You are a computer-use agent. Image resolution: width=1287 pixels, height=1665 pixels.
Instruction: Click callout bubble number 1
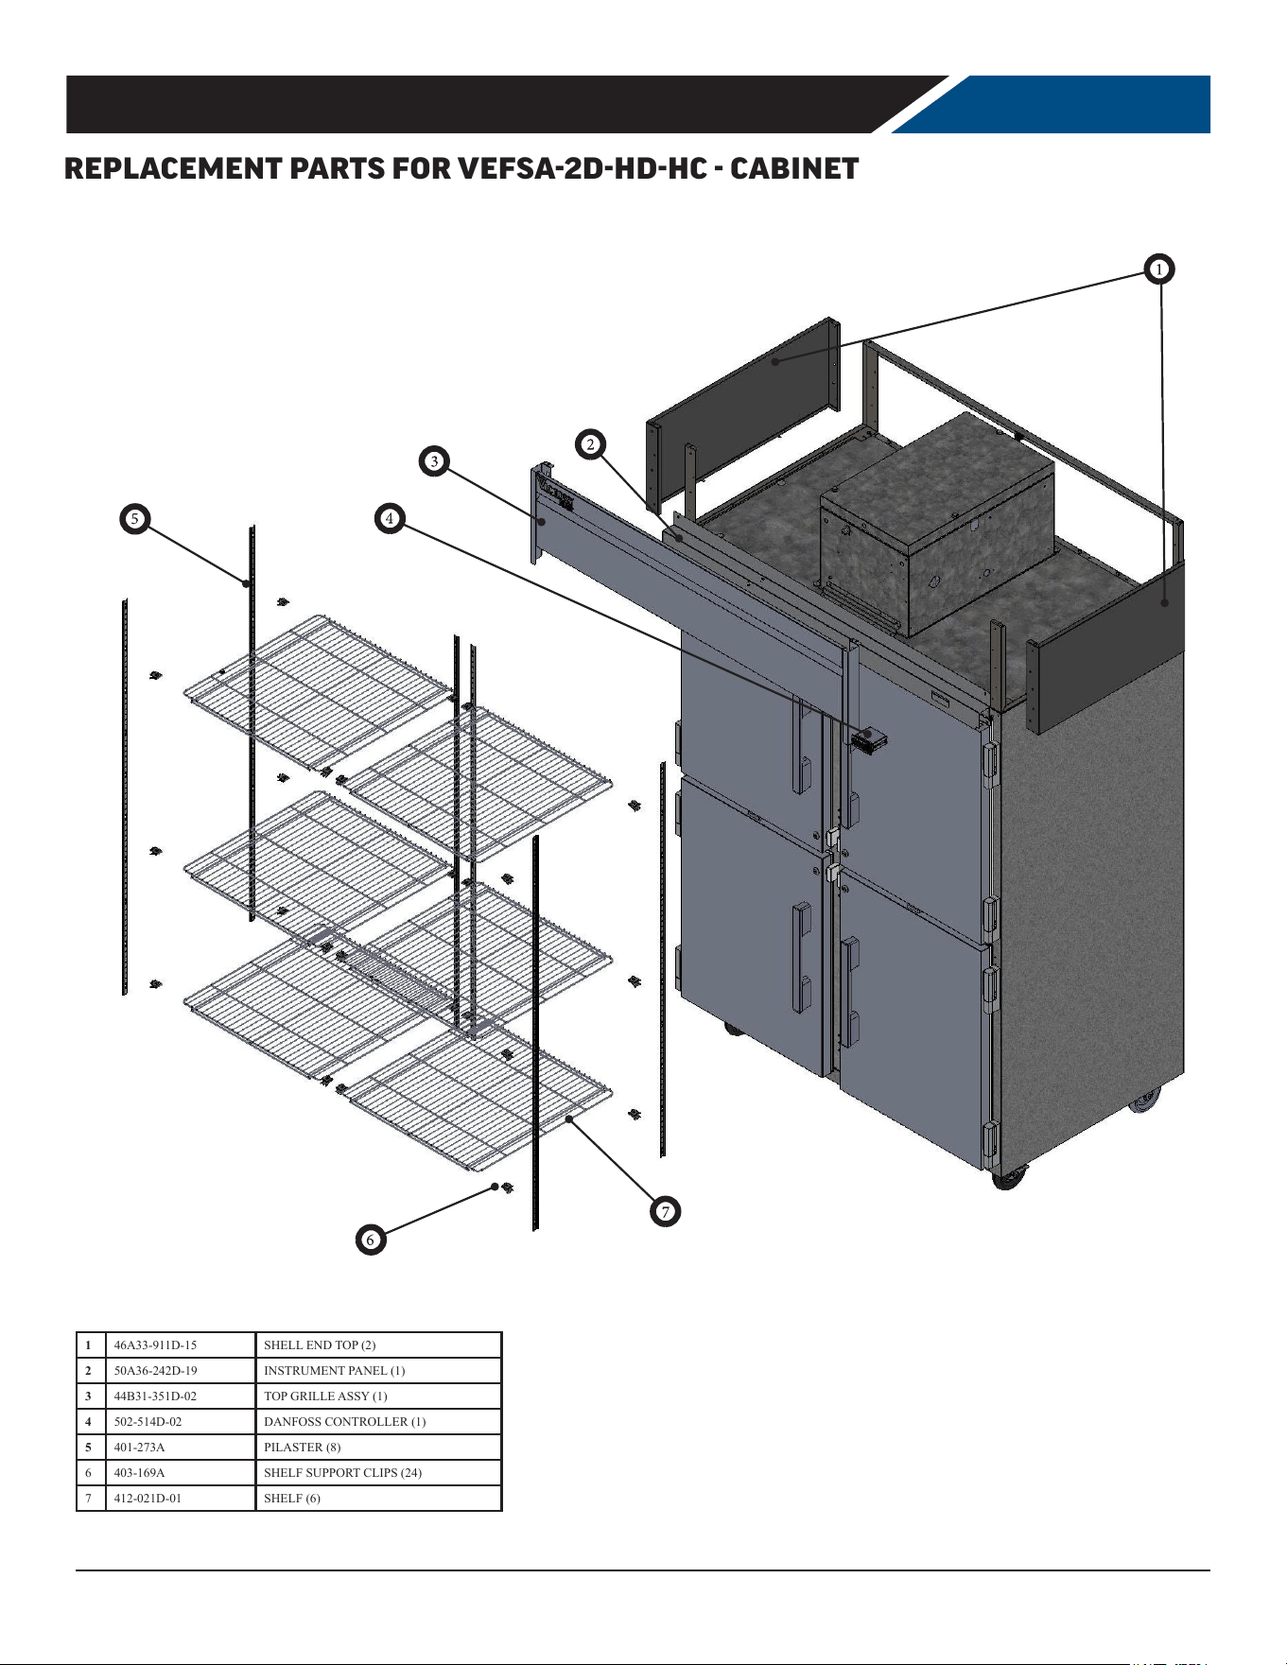[x=1158, y=269]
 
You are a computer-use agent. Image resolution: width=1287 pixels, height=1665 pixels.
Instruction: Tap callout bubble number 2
[x=591, y=444]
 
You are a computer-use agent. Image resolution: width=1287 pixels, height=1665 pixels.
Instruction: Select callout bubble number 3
[x=434, y=461]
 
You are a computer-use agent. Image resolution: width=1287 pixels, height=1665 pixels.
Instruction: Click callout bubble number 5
[x=135, y=519]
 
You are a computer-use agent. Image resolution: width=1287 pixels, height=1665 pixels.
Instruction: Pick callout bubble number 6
[x=371, y=1240]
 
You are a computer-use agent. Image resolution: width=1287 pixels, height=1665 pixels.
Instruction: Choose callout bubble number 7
[x=666, y=1211]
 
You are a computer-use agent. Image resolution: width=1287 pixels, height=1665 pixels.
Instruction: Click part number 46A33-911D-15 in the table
[x=155, y=1344]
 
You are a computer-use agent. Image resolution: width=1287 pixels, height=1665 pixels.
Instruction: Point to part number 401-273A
[x=139, y=1447]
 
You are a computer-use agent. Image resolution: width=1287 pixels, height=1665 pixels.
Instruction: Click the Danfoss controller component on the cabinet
[x=868, y=738]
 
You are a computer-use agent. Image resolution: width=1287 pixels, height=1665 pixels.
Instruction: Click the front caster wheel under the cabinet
[x=1008, y=1177]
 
